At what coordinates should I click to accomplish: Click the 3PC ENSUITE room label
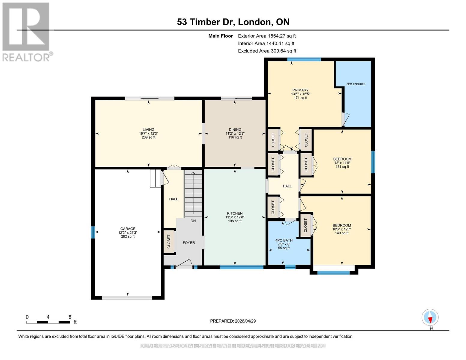[x=356, y=84]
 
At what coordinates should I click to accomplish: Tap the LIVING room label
[x=149, y=130]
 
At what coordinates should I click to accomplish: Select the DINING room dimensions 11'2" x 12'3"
[x=235, y=133]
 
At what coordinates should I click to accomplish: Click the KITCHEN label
[x=235, y=213]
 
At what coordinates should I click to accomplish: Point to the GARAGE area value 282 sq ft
[x=128, y=236]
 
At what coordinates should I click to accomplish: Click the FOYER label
[x=189, y=243]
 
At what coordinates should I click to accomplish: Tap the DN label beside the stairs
[x=193, y=221]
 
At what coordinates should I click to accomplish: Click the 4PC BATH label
[x=284, y=240]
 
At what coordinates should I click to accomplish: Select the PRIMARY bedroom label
[x=300, y=90]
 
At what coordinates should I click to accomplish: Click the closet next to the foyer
[x=169, y=242]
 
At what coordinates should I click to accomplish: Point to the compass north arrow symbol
[x=430, y=317]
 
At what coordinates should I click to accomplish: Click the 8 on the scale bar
[x=70, y=317]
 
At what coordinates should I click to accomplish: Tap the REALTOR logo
[x=26, y=31]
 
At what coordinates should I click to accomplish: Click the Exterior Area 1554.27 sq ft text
[x=267, y=36]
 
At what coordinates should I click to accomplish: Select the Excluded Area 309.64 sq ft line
[x=267, y=51]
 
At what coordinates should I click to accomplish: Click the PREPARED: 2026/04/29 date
[x=233, y=321]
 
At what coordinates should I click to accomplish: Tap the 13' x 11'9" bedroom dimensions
[x=342, y=163]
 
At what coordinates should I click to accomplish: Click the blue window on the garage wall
[x=93, y=232]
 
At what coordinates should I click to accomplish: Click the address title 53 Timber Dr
[x=207, y=22]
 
